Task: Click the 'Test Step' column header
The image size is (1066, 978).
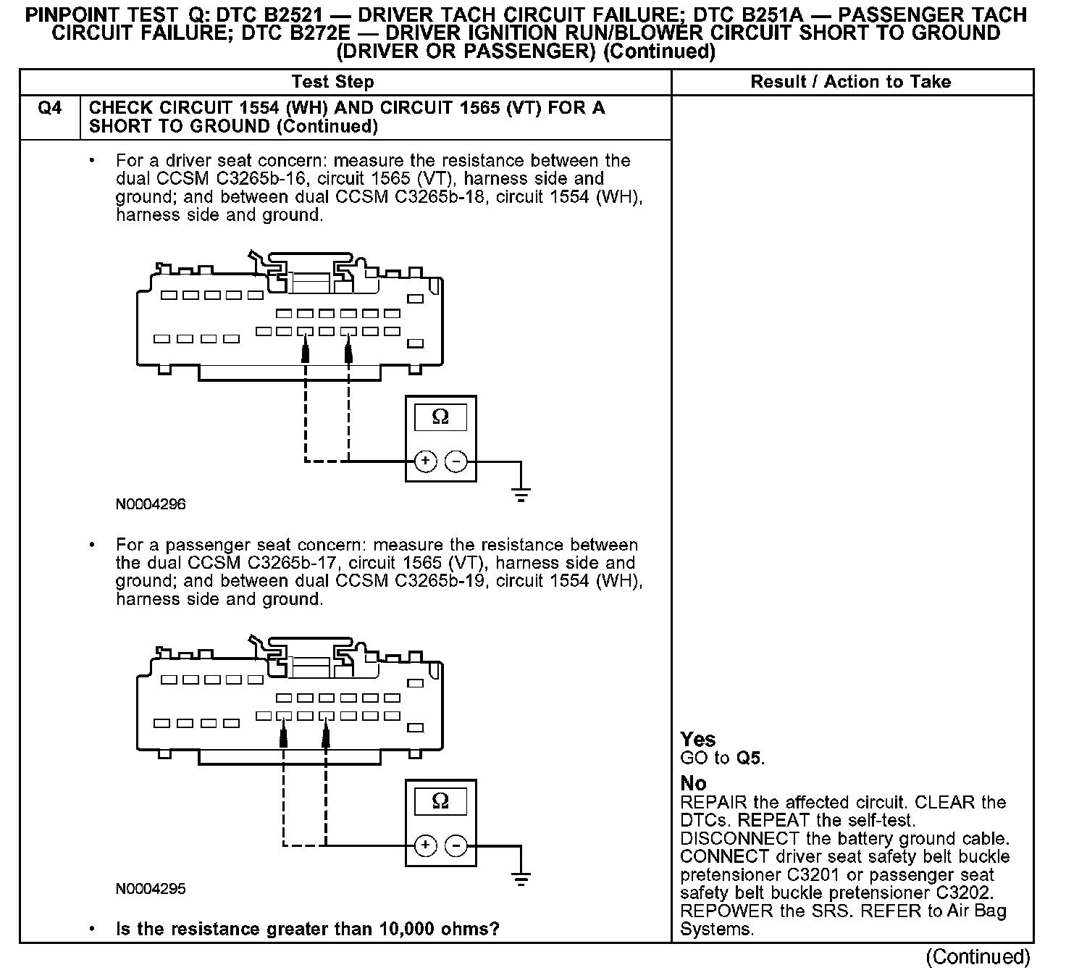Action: pos(332,82)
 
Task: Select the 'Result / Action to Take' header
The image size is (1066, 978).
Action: pos(851,82)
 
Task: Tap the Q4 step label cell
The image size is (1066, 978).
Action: pos(50,108)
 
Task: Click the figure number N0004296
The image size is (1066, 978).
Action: pos(151,504)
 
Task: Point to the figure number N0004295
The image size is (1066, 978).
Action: pos(151,889)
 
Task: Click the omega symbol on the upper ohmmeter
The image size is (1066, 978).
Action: pos(440,417)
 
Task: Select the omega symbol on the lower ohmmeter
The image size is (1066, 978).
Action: pos(440,801)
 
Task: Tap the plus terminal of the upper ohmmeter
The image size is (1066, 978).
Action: pos(426,461)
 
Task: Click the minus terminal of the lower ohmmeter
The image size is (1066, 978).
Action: pos(456,845)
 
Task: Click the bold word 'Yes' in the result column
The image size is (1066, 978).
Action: pos(698,740)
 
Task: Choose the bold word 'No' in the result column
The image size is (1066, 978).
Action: pos(693,784)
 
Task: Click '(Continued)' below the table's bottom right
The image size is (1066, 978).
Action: pos(978,957)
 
